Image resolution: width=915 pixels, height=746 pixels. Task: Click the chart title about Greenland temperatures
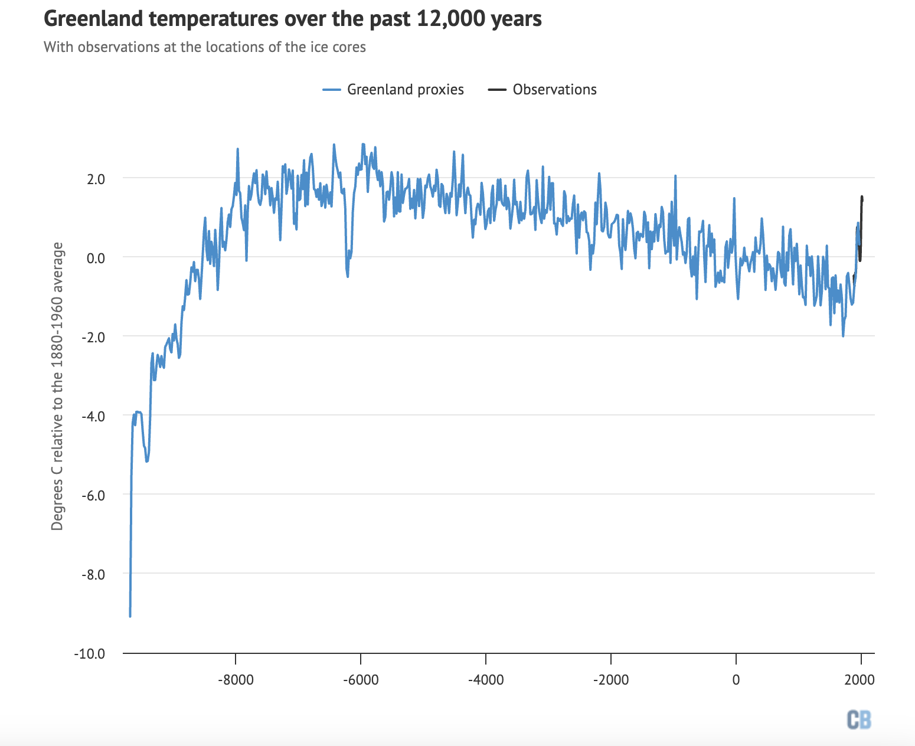(x=293, y=19)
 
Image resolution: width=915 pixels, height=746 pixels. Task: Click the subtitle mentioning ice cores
(x=205, y=47)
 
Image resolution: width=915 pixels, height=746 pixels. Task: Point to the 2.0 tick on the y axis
(x=96, y=179)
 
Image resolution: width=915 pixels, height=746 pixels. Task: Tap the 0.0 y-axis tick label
(x=96, y=258)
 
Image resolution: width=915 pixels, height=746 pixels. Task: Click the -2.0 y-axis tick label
(x=94, y=337)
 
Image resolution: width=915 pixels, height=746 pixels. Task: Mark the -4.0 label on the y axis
(x=94, y=416)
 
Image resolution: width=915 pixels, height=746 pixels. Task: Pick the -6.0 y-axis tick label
(x=94, y=495)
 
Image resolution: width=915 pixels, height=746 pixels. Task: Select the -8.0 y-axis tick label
(x=94, y=574)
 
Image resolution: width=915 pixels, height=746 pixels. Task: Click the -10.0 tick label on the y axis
(x=90, y=654)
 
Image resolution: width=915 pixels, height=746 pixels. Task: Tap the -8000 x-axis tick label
(x=236, y=680)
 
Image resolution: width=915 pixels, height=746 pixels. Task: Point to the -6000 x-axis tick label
(x=361, y=680)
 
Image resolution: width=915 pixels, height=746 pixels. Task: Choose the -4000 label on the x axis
(x=486, y=680)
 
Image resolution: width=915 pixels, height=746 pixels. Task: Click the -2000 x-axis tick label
(x=611, y=680)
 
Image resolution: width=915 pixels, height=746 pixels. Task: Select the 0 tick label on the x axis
(x=736, y=680)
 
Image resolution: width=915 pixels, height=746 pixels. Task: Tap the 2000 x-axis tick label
(x=860, y=680)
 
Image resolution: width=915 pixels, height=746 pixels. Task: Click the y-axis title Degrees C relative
(x=57, y=386)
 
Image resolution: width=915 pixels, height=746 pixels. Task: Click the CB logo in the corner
(x=859, y=719)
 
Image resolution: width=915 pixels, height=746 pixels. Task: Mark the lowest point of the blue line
(x=130, y=616)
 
